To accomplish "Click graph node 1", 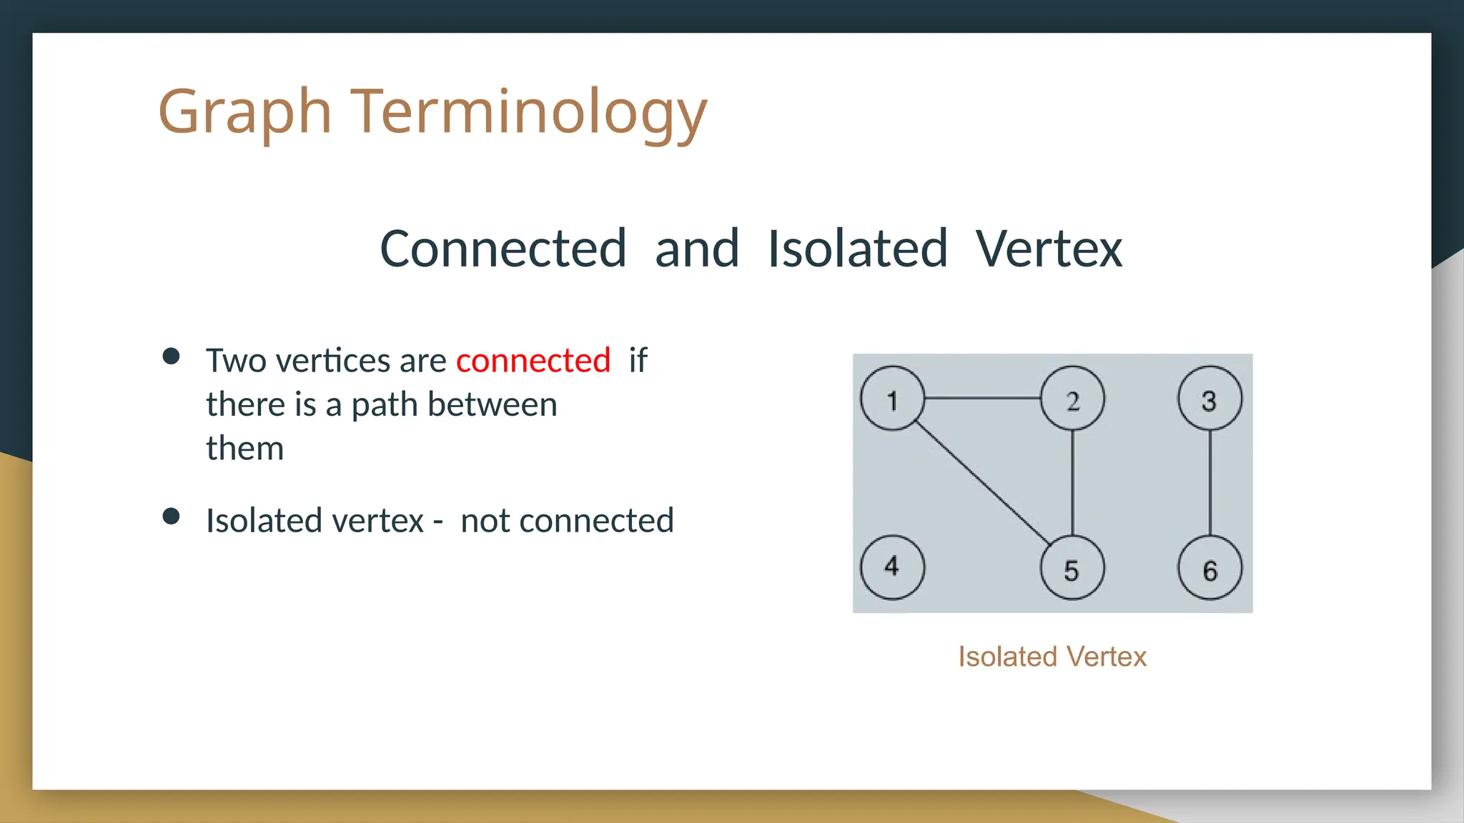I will click(892, 398).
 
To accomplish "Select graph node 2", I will click(1072, 398).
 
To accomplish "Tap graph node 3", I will click(1210, 398).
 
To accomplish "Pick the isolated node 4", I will click(892, 567).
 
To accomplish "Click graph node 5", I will click(1072, 569).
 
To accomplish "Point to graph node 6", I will click(1210, 569).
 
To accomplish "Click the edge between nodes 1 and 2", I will click(982, 398).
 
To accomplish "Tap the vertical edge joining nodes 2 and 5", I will click(1072, 483).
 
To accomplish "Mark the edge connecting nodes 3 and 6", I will click(1210, 483).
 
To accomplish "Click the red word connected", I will click(533, 361).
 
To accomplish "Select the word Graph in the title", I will click(244, 112).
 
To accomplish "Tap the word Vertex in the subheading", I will click(1049, 249).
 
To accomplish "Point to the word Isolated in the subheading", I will click(857, 249).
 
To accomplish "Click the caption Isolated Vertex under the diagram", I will click(1052, 657).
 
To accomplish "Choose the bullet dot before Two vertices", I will click(171, 356).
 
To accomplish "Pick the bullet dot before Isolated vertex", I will click(171, 516).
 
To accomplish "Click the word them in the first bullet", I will click(244, 449).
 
